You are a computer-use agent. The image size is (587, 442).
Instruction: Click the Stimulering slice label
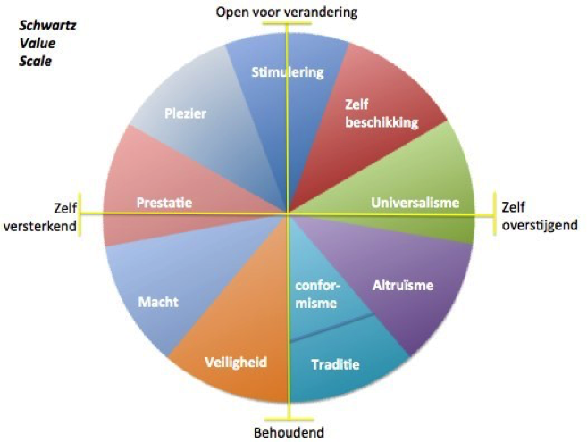(288, 72)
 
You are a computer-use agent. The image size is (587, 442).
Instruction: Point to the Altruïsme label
(401, 286)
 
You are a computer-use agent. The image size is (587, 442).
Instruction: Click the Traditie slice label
(334, 364)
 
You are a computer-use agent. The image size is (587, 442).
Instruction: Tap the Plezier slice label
(186, 113)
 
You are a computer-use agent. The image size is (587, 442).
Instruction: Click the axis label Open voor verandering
(287, 12)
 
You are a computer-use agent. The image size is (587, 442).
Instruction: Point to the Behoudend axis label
(289, 433)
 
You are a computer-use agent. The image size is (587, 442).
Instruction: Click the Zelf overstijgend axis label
(538, 215)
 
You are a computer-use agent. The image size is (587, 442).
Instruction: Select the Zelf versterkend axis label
(38, 216)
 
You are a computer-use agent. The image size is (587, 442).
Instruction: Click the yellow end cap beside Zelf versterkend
(80, 214)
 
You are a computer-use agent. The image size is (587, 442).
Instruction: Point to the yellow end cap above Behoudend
(289, 416)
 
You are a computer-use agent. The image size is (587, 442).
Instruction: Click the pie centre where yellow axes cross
(288, 214)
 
